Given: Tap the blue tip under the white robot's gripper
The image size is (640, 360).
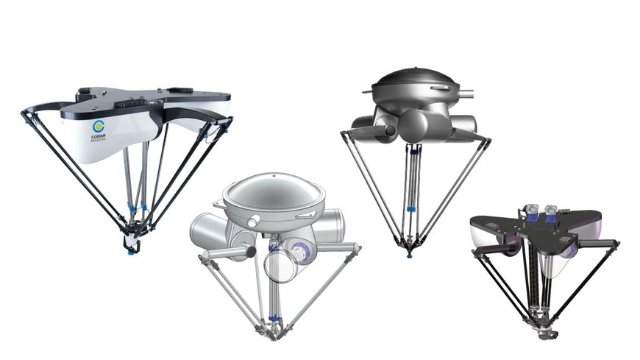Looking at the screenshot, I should (x=132, y=251).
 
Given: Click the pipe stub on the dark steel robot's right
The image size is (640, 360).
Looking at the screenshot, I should (x=464, y=95).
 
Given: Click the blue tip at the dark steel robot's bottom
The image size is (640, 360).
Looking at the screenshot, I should (x=410, y=255).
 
